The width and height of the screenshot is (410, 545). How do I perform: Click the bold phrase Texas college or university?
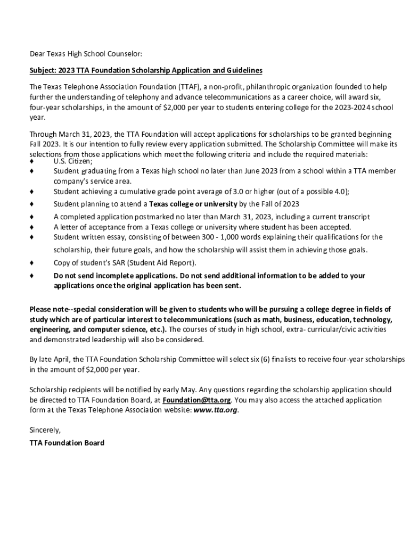(193, 204)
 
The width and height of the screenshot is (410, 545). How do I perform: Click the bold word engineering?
(52, 329)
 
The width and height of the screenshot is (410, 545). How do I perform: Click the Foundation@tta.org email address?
(196, 400)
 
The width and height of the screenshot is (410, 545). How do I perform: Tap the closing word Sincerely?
(45, 430)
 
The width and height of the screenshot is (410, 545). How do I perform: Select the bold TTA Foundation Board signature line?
(67, 442)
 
